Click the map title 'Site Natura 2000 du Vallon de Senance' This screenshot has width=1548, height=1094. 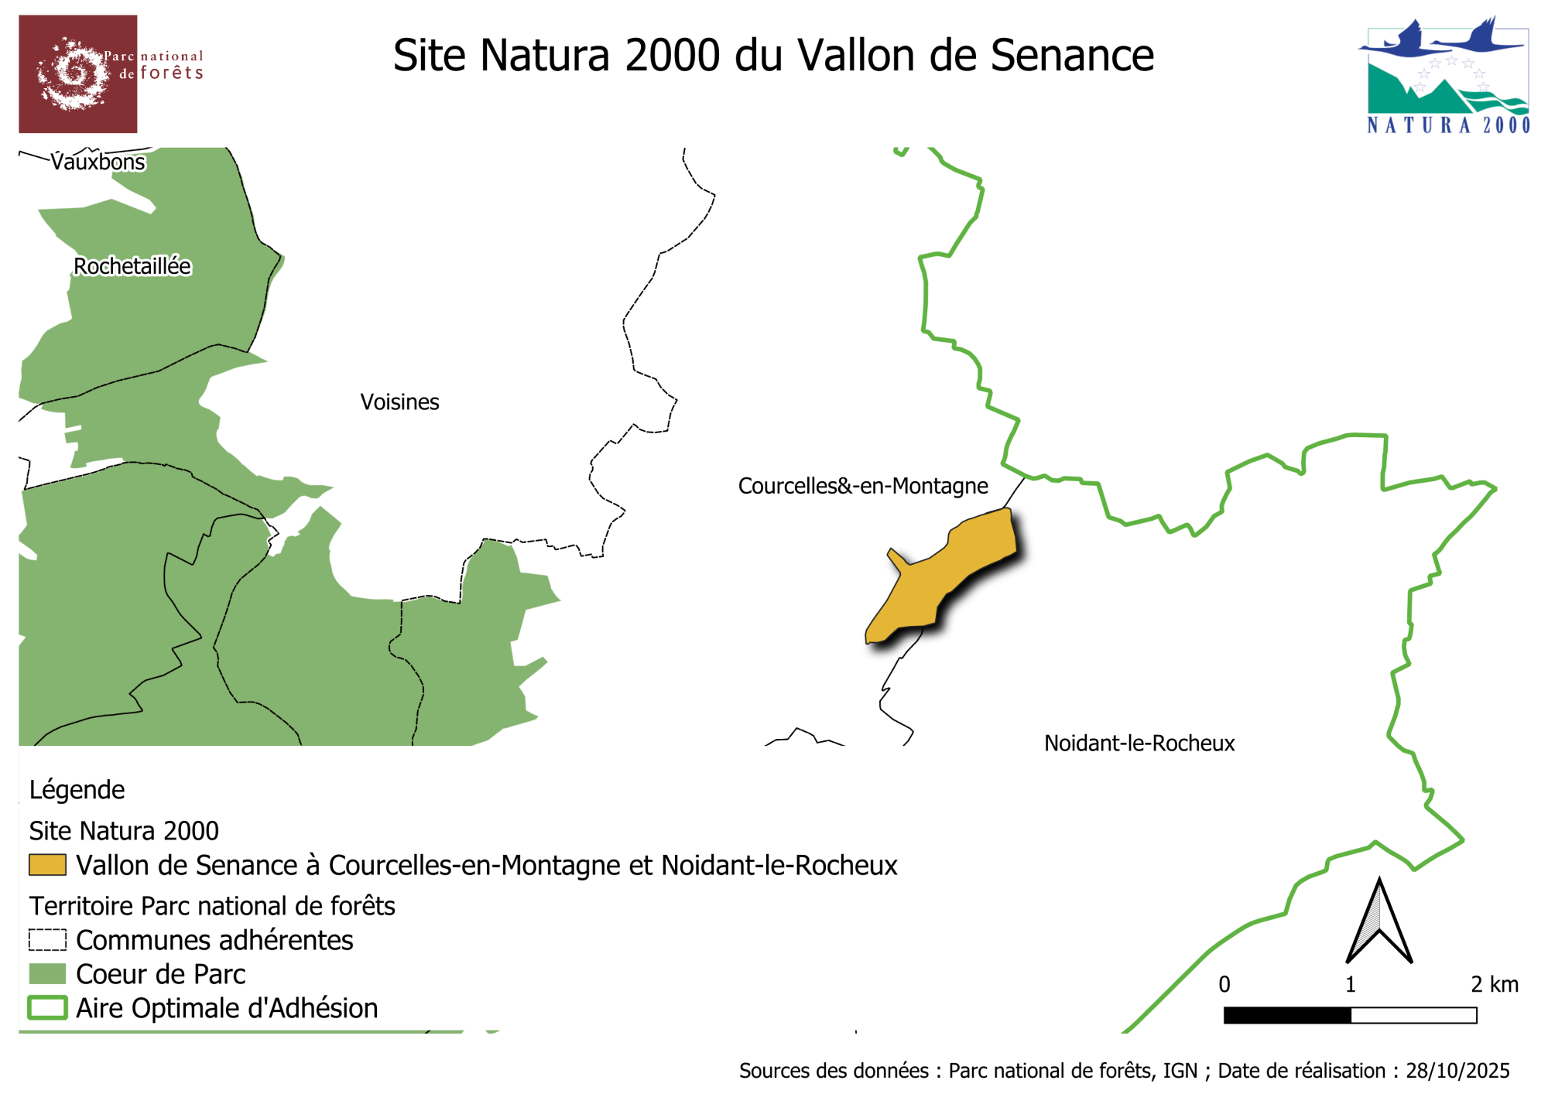coord(773,56)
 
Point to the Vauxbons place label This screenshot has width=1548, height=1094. coord(98,162)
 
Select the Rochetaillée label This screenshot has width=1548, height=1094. coord(132,266)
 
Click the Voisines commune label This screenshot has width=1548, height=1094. coord(399,402)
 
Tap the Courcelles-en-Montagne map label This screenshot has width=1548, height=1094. coord(863,486)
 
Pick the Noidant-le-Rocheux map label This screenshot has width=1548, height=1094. coord(1139,744)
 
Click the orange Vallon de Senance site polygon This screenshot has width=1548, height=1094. coord(944,573)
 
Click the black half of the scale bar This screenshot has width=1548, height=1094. coord(1287,1015)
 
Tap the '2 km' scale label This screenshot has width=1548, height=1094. coord(1494,984)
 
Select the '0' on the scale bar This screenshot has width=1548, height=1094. coord(1224,984)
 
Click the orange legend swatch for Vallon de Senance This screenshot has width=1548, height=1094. coord(47,865)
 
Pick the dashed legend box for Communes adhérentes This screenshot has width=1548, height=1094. coord(47,940)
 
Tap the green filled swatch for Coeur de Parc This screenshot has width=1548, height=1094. coord(47,974)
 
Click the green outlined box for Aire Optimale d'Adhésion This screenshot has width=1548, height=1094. coord(47,1008)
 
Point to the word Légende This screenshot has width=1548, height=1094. coord(77,790)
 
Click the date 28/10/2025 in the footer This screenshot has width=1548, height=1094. coord(1457,1071)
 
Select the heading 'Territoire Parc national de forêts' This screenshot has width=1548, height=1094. coord(212,906)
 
